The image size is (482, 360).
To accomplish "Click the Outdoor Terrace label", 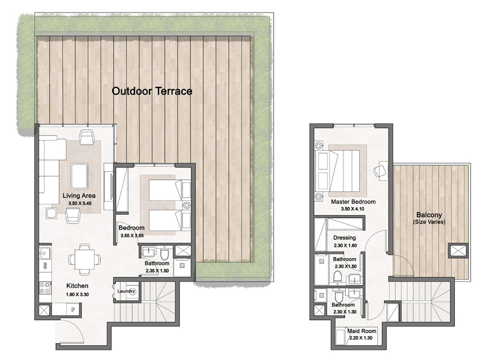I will point(152,92).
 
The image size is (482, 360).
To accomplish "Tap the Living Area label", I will point(78,195).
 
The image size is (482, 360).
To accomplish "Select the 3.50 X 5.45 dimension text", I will point(78,204).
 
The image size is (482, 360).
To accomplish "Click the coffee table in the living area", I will point(80,175).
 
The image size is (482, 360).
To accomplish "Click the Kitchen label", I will point(78,285).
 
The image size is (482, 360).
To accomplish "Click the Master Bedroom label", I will point(353,201).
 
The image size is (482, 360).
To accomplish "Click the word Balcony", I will point(430,215).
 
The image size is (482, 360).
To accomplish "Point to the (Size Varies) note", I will point(430,223).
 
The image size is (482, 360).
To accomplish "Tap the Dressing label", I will point(344,238).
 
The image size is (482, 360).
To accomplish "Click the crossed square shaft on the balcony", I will point(458,250).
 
